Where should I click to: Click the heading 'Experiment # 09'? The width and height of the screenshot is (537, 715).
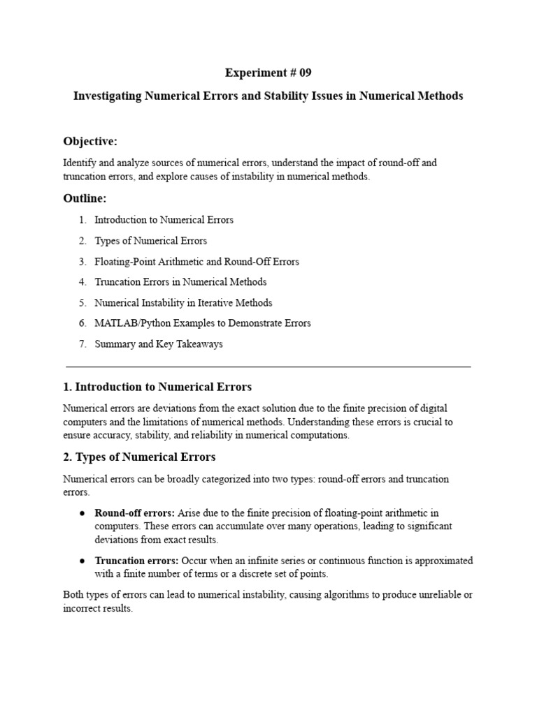[268, 73]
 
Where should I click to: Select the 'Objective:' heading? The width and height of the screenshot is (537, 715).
[90, 142]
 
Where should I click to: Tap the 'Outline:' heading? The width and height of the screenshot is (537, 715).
[85, 198]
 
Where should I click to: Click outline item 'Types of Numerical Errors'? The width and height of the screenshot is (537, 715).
[150, 241]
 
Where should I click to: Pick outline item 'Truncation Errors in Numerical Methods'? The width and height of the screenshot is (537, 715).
[180, 282]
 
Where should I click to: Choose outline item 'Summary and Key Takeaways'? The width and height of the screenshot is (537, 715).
[159, 344]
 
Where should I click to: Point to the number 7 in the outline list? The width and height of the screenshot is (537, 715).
[82, 344]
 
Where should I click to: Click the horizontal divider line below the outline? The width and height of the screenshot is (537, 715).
[268, 366]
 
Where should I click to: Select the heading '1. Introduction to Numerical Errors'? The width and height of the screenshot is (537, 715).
[157, 387]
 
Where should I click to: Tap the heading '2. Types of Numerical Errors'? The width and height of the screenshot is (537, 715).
[139, 457]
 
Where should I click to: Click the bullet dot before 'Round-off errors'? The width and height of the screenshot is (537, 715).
[82, 513]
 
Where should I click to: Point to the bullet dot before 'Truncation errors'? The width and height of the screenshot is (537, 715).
[82, 561]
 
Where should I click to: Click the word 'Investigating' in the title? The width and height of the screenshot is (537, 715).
[108, 96]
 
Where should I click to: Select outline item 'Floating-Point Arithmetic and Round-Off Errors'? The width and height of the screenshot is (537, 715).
[196, 262]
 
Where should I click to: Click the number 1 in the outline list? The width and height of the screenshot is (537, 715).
[82, 220]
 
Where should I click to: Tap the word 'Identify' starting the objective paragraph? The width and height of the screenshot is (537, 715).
[79, 163]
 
